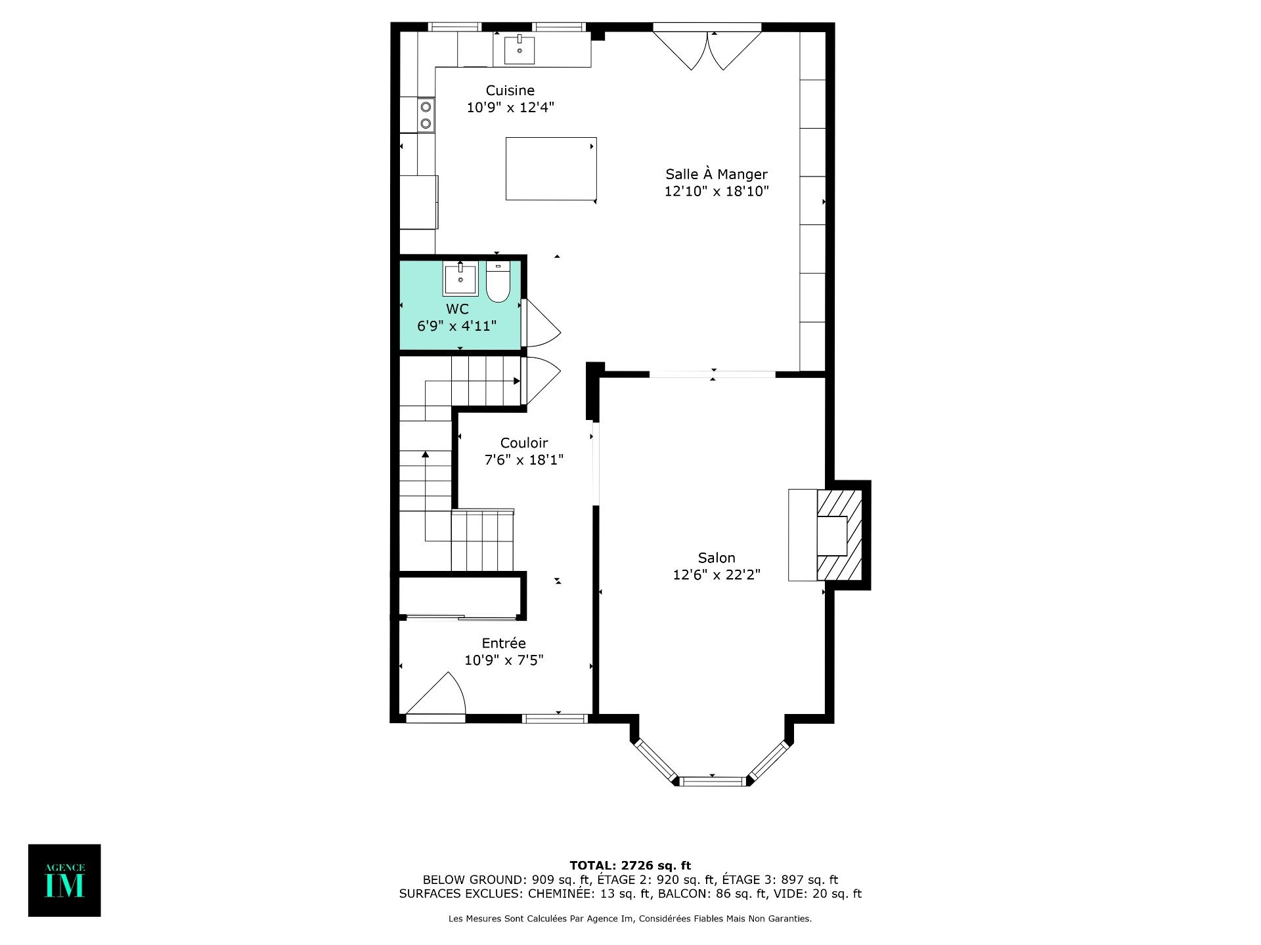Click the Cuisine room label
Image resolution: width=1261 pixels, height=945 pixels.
point(510,91)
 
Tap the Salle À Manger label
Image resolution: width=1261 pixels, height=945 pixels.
point(717,174)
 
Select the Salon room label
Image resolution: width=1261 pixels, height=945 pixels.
point(717,558)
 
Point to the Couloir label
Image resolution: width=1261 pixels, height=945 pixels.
point(524,443)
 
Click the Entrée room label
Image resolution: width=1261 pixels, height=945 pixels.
point(504,643)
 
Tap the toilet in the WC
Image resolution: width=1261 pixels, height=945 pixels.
point(498,282)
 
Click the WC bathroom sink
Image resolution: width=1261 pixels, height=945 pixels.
point(460,279)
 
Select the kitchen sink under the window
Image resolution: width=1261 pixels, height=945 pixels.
point(520,50)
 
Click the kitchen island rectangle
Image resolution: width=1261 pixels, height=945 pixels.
point(551,169)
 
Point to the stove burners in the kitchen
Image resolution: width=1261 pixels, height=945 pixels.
point(426,115)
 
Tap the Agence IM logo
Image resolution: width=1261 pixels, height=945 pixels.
point(64,880)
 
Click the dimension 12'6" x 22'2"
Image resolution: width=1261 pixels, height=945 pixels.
point(717,575)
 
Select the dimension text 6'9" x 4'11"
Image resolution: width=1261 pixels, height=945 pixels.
point(457,325)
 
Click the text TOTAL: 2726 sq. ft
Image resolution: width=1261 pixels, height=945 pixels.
point(630,866)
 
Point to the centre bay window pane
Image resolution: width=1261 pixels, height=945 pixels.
point(713,781)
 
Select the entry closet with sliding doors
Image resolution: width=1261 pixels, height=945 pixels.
point(460,597)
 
